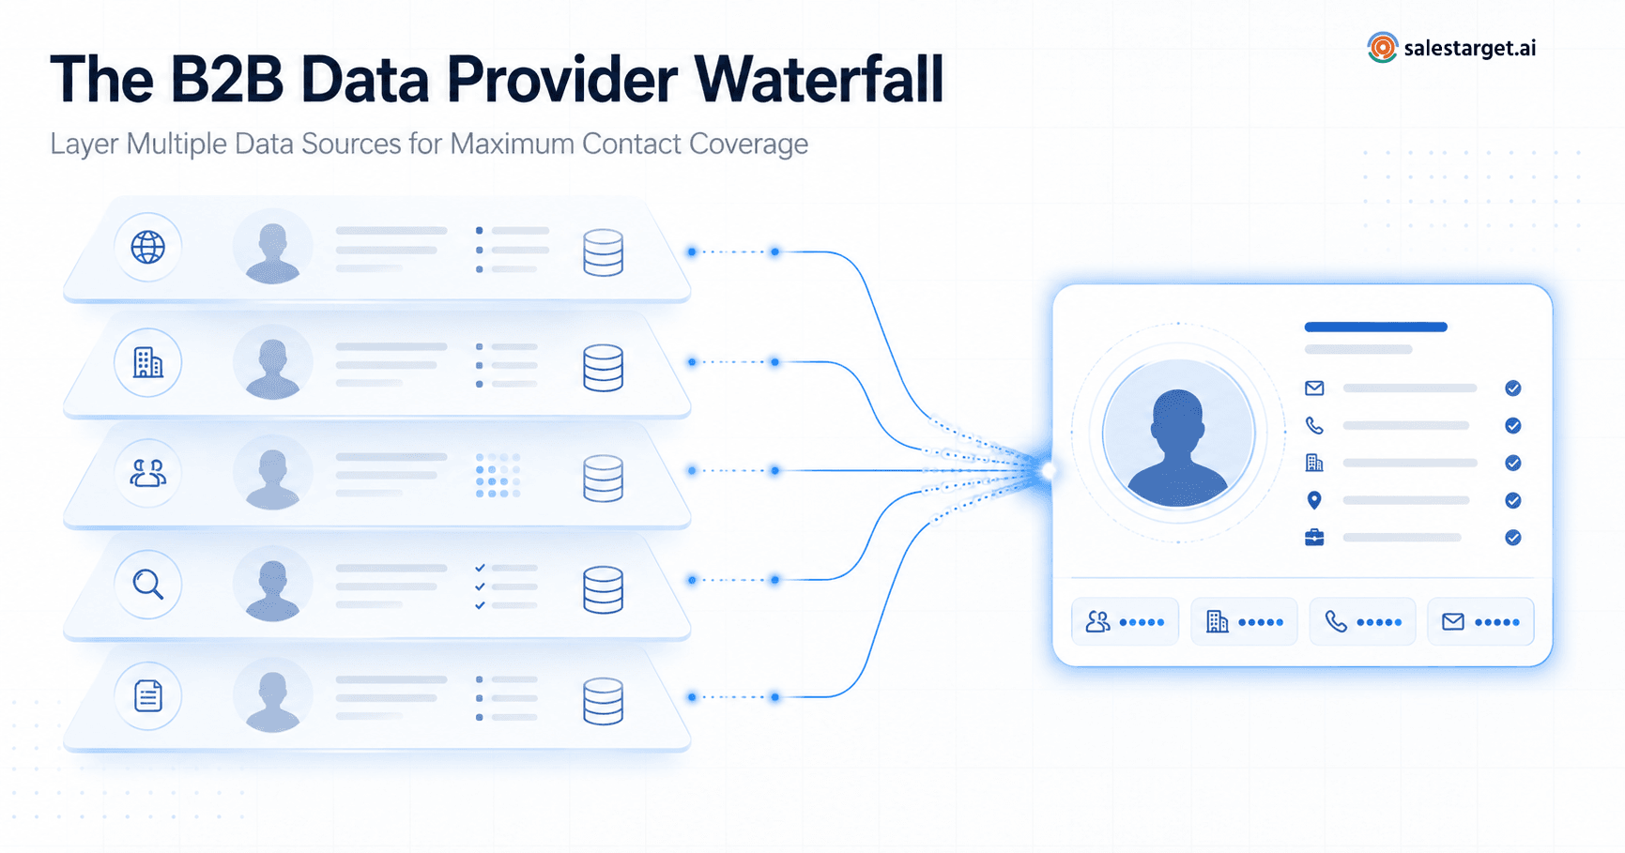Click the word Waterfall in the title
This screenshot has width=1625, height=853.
[819, 79]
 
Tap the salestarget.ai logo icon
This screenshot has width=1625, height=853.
[1382, 48]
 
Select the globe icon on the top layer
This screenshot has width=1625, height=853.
[147, 248]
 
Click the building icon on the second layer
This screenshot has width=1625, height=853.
[147, 362]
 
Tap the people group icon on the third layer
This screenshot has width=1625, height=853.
[147, 473]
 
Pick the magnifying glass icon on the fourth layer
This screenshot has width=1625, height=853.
[147, 585]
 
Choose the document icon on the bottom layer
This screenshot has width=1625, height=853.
[147, 696]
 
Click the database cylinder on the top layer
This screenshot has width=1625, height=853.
[603, 252]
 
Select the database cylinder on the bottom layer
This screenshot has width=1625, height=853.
[603, 701]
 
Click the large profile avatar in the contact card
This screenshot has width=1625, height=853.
[1177, 434]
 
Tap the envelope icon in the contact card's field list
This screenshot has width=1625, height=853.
[1314, 388]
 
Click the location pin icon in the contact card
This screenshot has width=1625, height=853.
[1314, 500]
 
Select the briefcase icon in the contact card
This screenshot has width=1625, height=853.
[1314, 538]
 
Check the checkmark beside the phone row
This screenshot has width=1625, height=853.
[1512, 426]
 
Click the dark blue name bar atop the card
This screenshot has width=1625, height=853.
[1375, 327]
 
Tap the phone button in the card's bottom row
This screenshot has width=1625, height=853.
[1362, 621]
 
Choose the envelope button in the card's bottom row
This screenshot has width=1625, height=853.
[1480, 621]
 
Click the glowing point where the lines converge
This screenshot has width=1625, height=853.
[1048, 470]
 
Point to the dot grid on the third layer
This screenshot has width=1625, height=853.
[498, 475]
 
